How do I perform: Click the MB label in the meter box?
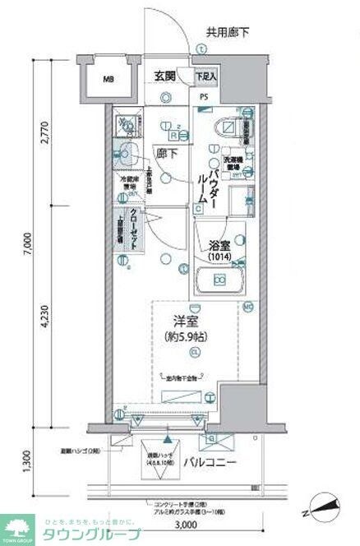pos(108,80)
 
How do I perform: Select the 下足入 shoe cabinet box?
pos(206,76)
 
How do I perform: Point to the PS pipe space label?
pos(205,95)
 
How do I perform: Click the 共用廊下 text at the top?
pos(228,33)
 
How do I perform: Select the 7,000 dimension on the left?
pos(27,244)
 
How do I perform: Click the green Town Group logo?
pos(19,529)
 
